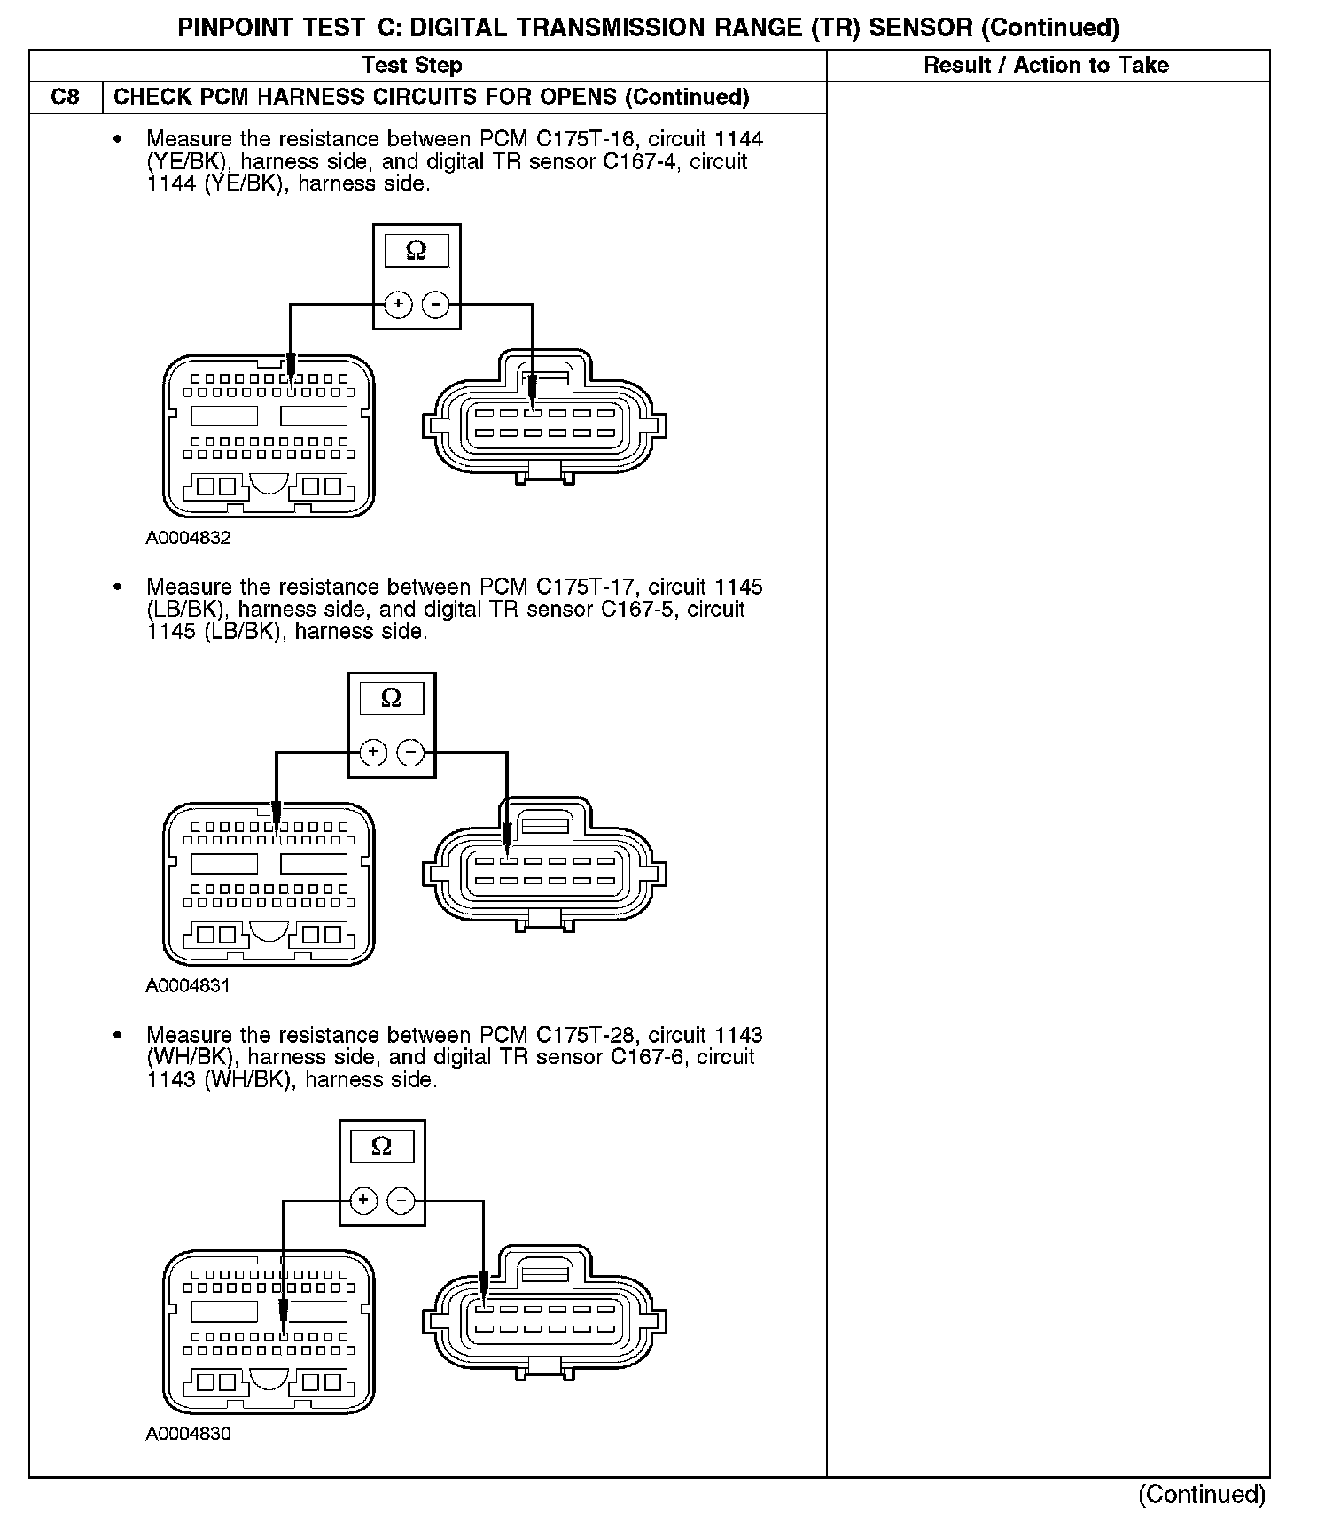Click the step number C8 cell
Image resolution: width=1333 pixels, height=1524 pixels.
pyautogui.click(x=66, y=97)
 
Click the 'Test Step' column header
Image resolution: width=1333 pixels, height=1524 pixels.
pyautogui.click(x=412, y=66)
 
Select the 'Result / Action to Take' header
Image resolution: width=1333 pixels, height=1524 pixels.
pyautogui.click(x=1046, y=66)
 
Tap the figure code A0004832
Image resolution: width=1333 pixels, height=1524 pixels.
pyautogui.click(x=188, y=538)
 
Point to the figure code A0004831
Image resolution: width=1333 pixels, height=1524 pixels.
pyautogui.click(x=188, y=985)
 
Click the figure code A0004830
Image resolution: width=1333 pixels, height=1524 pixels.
pyautogui.click(x=188, y=1434)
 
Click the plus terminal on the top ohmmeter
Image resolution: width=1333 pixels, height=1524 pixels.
pyautogui.click(x=399, y=305)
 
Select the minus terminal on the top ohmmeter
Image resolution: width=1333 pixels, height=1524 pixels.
pyautogui.click(x=435, y=305)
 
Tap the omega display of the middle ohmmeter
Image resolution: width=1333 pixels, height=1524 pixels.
pyautogui.click(x=391, y=699)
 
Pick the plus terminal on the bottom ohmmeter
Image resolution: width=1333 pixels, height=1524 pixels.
pyautogui.click(x=363, y=1201)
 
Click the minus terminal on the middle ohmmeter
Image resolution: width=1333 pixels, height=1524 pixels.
pyautogui.click(x=410, y=753)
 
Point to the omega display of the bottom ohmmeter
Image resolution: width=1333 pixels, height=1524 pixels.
pyautogui.click(x=382, y=1147)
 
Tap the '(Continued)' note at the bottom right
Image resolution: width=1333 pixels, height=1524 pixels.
pyautogui.click(x=1201, y=1494)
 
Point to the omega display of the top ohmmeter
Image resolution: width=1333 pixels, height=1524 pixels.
pyautogui.click(x=417, y=252)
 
